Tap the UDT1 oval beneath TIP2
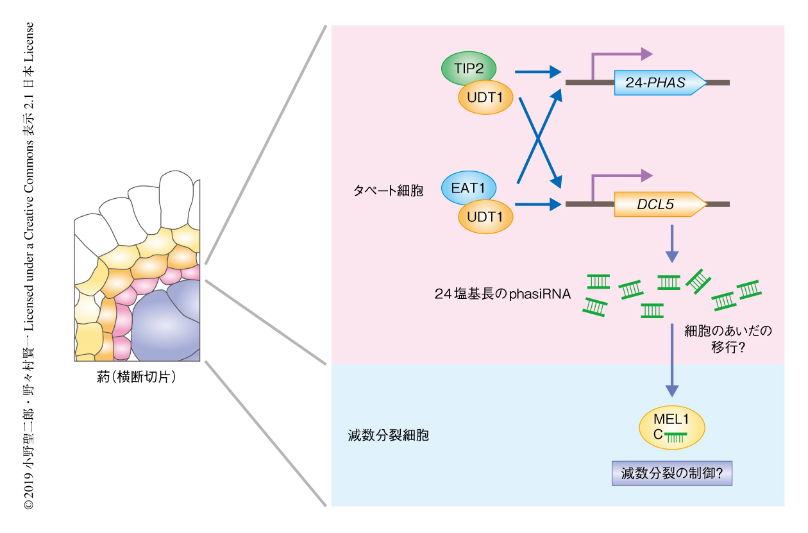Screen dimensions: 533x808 (485, 97)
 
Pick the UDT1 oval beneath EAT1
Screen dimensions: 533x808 (485, 216)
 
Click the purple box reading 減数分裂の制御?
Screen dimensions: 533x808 (671, 475)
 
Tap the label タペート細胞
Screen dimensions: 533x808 (388, 191)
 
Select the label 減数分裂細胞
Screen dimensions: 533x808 (384, 436)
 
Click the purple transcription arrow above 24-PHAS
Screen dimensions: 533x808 (619, 56)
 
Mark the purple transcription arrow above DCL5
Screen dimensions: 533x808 (619, 177)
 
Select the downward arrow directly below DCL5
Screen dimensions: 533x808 (671, 244)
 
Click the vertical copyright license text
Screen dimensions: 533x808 (29, 266)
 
